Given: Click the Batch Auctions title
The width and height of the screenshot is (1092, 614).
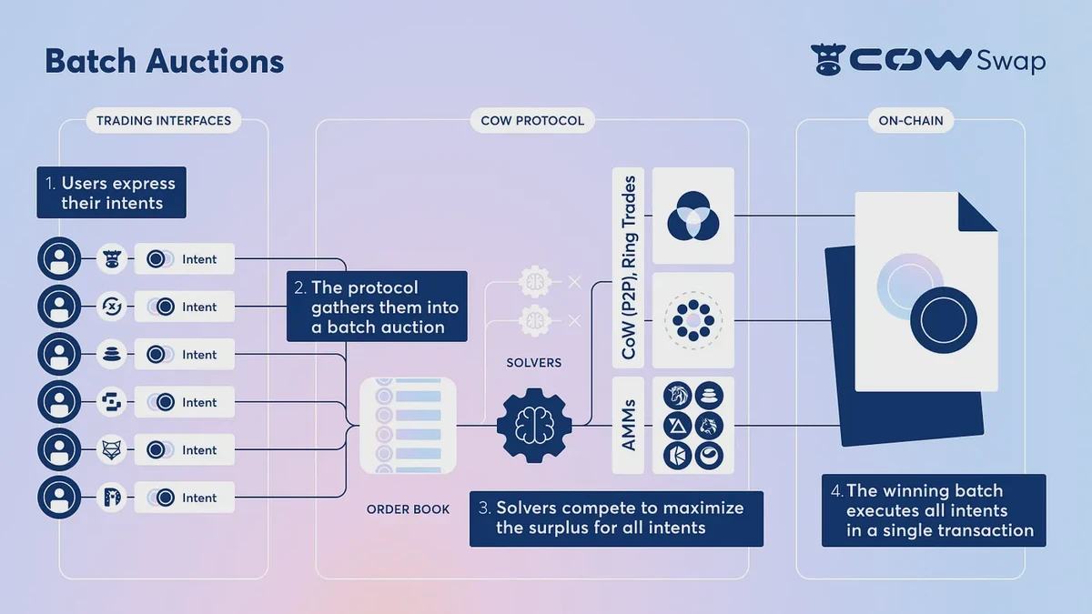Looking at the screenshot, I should [x=164, y=61].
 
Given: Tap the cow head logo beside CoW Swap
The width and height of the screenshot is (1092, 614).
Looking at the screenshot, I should [x=828, y=60].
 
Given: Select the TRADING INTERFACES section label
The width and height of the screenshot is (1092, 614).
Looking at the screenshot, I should [x=164, y=120].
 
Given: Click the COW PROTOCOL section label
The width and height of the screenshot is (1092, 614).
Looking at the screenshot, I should [x=532, y=120].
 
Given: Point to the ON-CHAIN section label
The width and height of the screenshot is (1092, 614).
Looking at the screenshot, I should [x=910, y=120].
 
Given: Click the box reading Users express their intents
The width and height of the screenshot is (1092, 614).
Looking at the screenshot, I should [x=111, y=193].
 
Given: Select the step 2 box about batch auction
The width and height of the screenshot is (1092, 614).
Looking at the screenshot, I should [x=377, y=306].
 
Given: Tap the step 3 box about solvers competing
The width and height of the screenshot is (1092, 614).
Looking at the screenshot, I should [x=616, y=518].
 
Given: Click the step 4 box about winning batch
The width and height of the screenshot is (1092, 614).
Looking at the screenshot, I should [x=934, y=510].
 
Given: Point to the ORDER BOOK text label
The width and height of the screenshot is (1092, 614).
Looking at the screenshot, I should [x=408, y=509].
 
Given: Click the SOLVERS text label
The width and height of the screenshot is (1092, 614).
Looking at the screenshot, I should [x=533, y=363].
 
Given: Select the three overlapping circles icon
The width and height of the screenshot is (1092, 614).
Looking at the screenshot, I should [x=693, y=216].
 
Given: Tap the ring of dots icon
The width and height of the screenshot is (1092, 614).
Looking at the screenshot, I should [x=693, y=320].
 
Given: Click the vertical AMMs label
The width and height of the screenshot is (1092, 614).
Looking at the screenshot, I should [x=628, y=425].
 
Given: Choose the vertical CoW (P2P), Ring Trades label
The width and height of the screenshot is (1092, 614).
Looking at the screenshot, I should [x=628, y=268].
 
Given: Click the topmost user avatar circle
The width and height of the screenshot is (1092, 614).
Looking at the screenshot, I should [x=60, y=259].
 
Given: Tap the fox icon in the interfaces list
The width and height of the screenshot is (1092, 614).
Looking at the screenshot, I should [x=112, y=450].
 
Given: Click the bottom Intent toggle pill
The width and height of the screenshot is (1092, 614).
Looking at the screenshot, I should [x=185, y=498].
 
